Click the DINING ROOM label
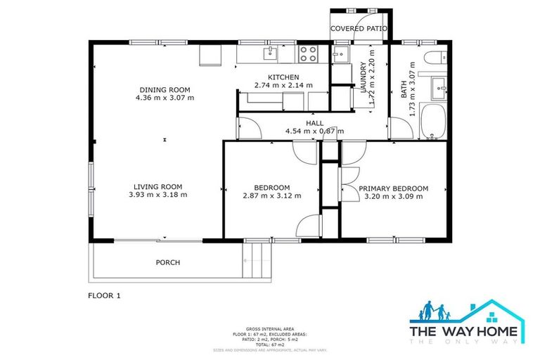165,89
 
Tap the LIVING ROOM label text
157,186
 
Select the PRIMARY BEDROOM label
393,188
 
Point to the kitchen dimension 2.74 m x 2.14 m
283,86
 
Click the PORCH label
167,262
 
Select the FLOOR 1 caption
104,296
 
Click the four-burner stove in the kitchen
307,53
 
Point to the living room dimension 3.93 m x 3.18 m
157,195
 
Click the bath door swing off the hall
401,129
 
